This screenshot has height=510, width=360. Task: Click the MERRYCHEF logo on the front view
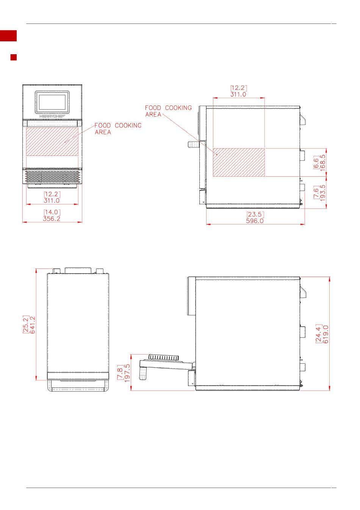coord(52,116)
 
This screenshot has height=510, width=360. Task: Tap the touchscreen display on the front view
coord(52,102)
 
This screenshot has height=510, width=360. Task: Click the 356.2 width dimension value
coord(52,219)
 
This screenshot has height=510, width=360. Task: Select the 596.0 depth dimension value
coord(255,221)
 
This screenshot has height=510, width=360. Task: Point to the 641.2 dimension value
coord(33,325)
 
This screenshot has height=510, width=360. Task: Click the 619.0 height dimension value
coord(326,334)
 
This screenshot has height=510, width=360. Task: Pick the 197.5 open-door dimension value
coord(127,373)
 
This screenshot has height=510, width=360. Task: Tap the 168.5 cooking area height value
coord(323,163)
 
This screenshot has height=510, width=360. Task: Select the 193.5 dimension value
coord(323,193)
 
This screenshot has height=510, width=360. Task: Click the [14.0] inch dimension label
coord(52,212)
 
